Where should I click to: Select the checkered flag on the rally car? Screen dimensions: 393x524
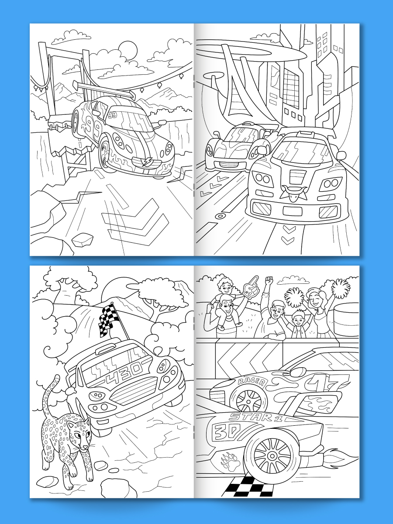tap(106, 321)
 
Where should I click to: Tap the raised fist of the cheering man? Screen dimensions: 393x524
tap(269, 281)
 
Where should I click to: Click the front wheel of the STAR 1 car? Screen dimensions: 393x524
tap(272, 456)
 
